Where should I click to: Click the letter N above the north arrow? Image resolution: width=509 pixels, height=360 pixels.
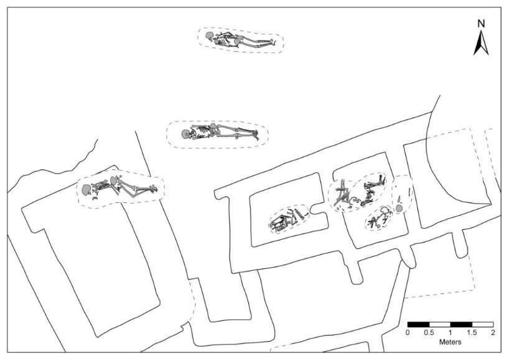pos(480,24)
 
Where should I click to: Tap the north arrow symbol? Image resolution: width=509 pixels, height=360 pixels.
pos(480,44)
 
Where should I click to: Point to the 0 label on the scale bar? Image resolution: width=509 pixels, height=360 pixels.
pos(408,333)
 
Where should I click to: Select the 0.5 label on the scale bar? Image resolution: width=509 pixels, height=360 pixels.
pos(429,333)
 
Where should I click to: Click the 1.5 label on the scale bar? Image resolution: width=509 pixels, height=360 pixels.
pos(471,333)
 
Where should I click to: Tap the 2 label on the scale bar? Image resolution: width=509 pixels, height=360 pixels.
pos(493,333)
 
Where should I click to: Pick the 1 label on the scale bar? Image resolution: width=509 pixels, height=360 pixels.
pos(450,333)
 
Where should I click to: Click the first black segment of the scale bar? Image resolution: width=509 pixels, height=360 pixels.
pos(418,324)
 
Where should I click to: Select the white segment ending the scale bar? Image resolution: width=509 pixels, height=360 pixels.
pos(482,324)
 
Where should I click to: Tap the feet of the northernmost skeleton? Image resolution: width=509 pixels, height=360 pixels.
pos(271,43)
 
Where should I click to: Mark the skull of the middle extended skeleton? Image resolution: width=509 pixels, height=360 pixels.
pos(185,133)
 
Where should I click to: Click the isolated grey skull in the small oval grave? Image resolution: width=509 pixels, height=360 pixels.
pos(398,208)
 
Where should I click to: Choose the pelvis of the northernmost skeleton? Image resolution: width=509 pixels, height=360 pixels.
pos(236,41)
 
